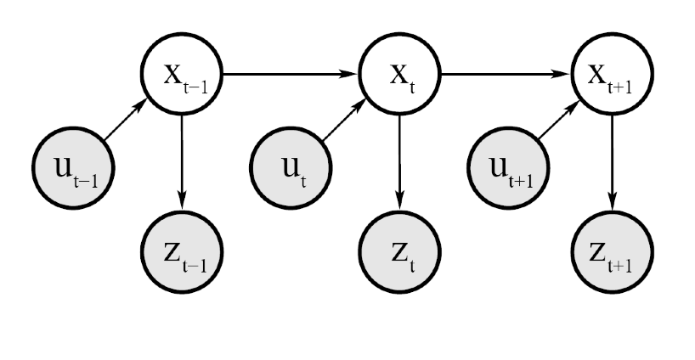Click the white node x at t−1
point(183,75)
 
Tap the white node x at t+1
point(613,75)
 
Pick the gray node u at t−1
point(69,166)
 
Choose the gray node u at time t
point(286,166)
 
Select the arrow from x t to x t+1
point(506,75)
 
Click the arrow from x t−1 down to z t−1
point(183,161)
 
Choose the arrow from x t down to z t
point(398,161)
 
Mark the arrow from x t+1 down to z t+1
point(613,161)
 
